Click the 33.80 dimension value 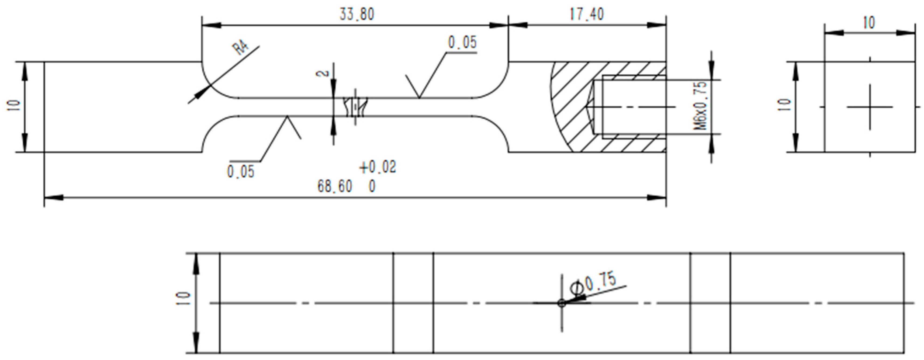click(x=357, y=14)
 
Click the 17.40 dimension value click(x=587, y=14)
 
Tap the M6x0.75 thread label click(x=701, y=106)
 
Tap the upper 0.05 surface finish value click(x=462, y=43)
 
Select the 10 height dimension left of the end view click(x=785, y=105)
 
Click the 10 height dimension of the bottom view click(x=183, y=298)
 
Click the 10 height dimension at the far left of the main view click(x=14, y=105)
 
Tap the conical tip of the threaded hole click(x=590, y=107)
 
